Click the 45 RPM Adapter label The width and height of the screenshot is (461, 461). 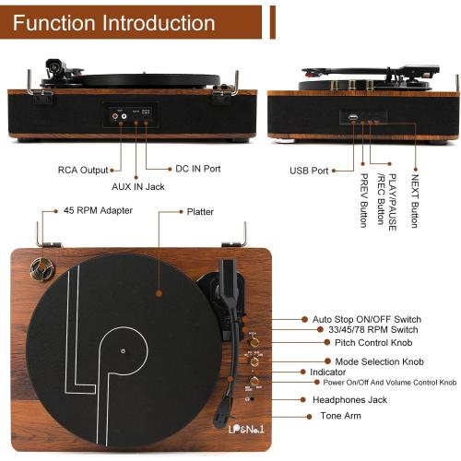(98, 210)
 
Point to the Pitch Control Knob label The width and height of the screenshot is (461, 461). (372, 343)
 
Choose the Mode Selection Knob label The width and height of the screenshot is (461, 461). (379, 361)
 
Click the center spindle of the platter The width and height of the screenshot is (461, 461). (123, 351)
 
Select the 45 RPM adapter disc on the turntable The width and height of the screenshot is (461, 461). (41, 268)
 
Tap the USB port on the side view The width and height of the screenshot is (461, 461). (351, 117)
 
